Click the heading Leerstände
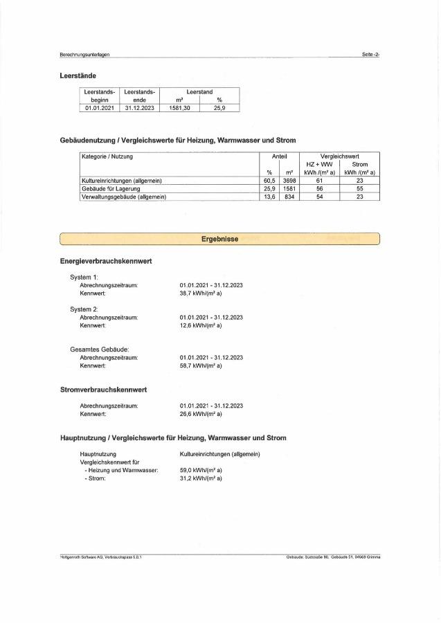point(78,75)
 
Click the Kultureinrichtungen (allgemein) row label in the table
point(122,181)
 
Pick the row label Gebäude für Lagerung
point(111,189)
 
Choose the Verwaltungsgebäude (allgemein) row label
point(124,197)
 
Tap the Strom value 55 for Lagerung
point(360,189)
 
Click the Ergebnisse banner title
point(220,240)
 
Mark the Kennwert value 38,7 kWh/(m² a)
point(201,294)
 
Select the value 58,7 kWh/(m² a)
point(201,365)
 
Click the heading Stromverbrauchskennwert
point(103,390)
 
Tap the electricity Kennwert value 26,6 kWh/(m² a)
point(201,413)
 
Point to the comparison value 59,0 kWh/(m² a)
point(201,470)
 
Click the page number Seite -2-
point(370,54)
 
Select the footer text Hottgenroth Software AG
point(100,557)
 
